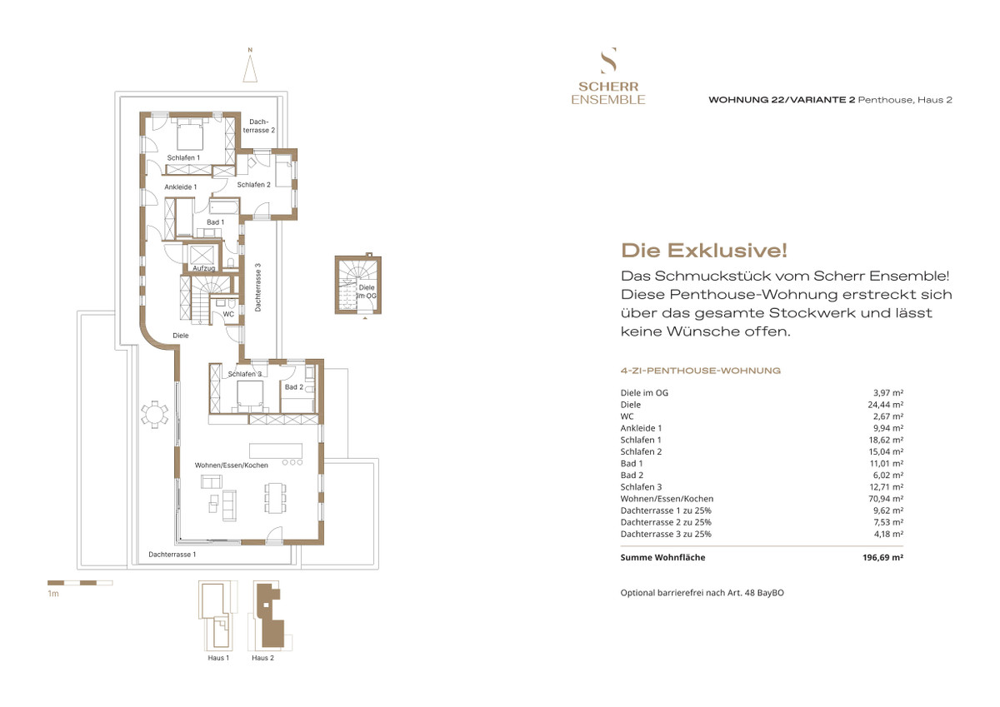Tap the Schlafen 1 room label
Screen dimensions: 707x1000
183,157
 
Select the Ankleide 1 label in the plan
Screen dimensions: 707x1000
181,187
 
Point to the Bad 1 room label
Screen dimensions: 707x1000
215,222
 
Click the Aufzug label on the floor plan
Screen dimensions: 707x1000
204,268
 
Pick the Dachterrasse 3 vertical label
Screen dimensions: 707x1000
258,287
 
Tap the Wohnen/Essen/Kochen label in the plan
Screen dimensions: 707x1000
230,464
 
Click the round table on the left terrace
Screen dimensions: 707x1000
154,413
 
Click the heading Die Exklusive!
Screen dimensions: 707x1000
704,250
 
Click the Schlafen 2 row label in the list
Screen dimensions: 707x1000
641,451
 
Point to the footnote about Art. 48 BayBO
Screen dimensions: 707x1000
702,593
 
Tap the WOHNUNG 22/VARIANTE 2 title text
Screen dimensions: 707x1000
782,100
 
